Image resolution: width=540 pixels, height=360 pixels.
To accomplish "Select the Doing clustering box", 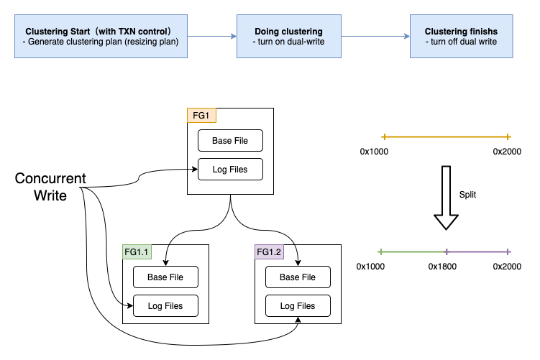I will click(x=288, y=37).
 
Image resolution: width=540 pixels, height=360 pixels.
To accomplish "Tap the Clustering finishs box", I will click(x=461, y=37).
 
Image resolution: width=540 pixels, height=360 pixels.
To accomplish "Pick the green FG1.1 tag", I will click(x=137, y=251).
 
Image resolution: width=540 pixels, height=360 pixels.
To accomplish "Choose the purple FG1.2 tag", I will click(x=269, y=251).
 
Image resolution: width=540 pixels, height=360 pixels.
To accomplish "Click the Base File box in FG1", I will click(x=230, y=141).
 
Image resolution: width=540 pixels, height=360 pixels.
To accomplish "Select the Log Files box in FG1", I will click(x=230, y=170).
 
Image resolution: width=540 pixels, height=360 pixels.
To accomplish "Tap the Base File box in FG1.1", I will click(x=165, y=277).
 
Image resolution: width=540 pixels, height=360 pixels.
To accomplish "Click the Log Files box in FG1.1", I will click(x=165, y=306).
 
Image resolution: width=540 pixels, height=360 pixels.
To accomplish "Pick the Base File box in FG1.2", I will click(x=298, y=277).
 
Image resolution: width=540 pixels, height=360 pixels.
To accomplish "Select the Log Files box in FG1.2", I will click(x=298, y=306).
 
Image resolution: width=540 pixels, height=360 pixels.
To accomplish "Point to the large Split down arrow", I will click(x=447, y=198).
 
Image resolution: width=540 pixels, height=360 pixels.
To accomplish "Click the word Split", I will click(x=468, y=195).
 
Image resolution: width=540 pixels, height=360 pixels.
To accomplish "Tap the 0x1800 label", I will click(x=443, y=267).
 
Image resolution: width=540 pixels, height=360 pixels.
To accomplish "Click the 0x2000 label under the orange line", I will click(x=507, y=152).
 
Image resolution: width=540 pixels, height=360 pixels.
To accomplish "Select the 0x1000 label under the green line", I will click(x=371, y=267).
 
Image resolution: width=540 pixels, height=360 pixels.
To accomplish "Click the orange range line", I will click(x=446, y=137).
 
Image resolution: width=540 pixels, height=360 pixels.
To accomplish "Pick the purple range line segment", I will click(x=477, y=251).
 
